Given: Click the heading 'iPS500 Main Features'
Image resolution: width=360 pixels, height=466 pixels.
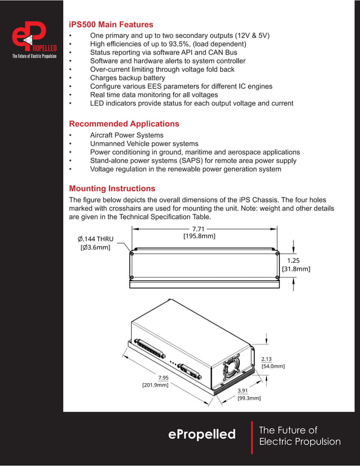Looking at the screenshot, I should (x=111, y=25).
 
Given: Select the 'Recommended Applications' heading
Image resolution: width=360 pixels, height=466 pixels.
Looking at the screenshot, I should (x=124, y=124).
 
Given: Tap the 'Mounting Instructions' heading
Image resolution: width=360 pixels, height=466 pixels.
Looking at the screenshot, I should (x=112, y=188).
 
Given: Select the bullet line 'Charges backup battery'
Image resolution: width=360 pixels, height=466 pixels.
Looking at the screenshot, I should (x=128, y=78).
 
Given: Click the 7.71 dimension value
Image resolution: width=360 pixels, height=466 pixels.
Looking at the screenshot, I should (x=198, y=228).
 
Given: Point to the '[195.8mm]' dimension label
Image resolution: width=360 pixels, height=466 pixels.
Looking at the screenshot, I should (x=199, y=236).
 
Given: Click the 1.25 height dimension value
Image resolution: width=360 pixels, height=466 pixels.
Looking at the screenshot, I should (x=293, y=261).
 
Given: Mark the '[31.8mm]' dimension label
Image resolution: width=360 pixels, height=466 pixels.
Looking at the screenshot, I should (x=296, y=269).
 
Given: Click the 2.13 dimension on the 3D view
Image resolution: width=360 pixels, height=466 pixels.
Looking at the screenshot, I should (x=266, y=359).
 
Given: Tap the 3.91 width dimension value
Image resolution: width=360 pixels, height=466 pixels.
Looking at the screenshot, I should (x=243, y=390).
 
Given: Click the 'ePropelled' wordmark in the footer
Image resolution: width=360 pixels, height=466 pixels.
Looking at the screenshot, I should (x=202, y=434).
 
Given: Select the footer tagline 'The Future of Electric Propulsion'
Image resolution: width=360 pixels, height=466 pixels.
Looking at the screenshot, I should (x=299, y=436).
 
